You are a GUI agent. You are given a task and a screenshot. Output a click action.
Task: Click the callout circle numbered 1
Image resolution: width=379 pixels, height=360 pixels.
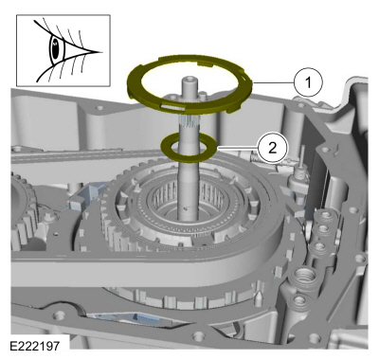coord(308,82)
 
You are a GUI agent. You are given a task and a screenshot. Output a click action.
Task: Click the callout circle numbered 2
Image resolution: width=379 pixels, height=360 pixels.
coord(272,148)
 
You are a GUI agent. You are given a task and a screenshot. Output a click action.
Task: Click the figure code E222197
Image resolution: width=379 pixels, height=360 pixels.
coord(35,346)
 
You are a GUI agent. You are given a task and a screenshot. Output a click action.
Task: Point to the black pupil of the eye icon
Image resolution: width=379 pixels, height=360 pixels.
coord(55,49)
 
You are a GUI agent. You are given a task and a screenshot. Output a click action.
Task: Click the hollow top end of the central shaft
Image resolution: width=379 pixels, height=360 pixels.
coord(190,78)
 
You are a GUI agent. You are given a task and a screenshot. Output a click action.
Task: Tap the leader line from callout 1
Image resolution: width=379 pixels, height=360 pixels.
coord(274,82)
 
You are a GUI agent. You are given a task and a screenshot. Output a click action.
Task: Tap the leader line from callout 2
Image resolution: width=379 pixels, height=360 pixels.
coord(237,148)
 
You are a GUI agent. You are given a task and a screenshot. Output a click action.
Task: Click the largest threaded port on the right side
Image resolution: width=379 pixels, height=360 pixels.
coord(305,276)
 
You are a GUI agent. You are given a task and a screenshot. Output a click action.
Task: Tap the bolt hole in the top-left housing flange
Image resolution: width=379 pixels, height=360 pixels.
coord(100,108)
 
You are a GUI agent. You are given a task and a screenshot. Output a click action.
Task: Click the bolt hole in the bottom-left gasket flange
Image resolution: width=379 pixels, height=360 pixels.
coord(58,315)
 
